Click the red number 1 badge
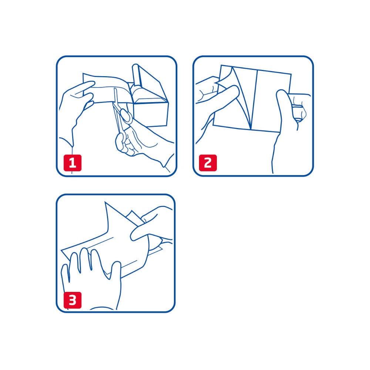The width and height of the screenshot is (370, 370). click(x=73, y=163)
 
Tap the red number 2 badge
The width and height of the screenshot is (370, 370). click(x=208, y=163)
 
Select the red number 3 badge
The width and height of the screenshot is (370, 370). click(x=73, y=300)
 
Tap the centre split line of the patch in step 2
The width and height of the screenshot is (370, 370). click(x=255, y=100)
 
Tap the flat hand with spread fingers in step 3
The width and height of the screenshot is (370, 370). click(x=89, y=277)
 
